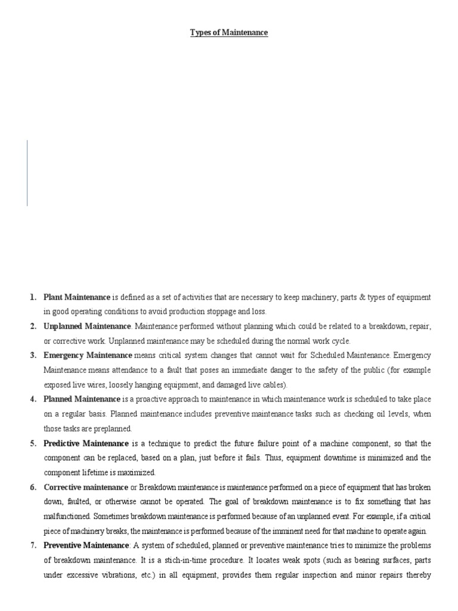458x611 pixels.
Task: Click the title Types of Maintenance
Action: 229,33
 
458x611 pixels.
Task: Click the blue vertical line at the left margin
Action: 27,173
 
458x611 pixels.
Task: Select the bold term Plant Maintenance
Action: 77,297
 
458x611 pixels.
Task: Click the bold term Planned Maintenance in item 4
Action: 82,399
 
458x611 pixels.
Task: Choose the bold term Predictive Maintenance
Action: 86,443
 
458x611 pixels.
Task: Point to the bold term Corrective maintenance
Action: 86,487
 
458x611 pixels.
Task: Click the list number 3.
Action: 33,356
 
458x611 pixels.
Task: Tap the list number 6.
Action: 33,487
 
